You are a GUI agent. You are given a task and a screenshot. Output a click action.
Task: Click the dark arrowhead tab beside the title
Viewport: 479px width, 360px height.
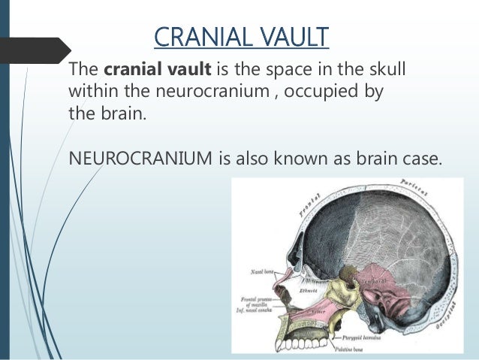(x=34, y=50)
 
